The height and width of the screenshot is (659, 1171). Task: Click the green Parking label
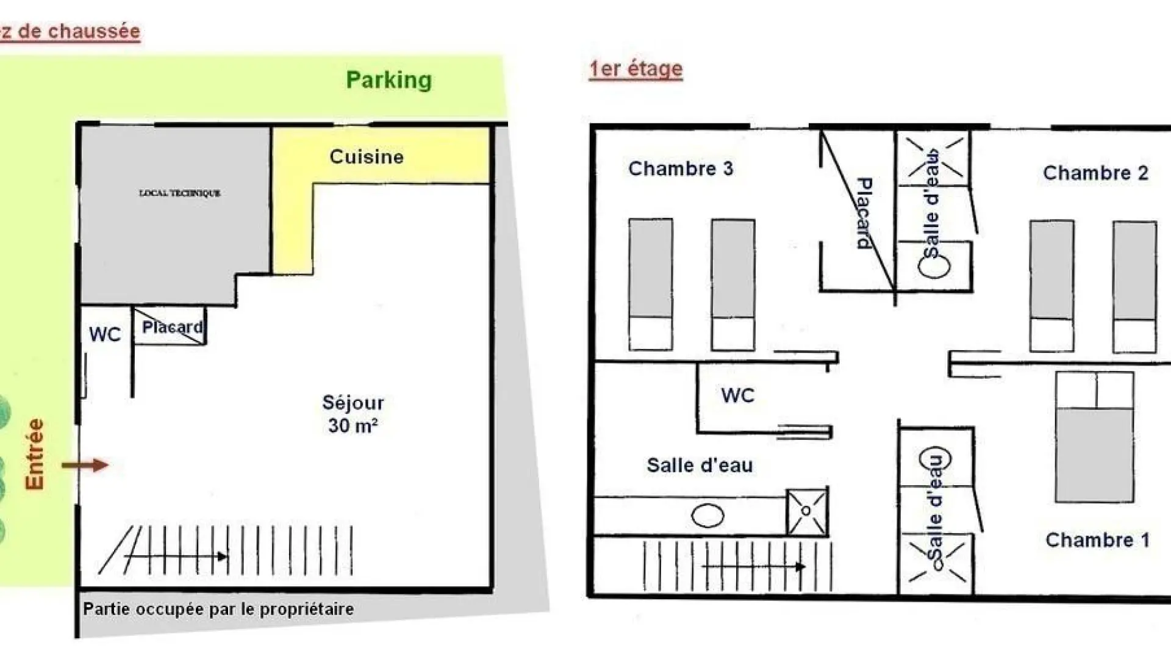389,80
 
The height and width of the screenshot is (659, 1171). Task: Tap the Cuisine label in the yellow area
367,157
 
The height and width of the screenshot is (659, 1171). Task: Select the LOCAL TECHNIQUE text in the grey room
180,193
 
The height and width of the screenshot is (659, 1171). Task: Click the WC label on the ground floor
105,334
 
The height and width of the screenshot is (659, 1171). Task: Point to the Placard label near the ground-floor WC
172,327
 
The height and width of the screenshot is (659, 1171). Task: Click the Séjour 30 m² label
353,414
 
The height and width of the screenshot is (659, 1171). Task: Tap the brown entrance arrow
85,466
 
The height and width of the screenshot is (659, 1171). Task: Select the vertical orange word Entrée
35,454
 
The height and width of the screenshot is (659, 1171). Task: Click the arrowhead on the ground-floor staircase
223,556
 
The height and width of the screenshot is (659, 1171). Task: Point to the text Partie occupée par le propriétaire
218,609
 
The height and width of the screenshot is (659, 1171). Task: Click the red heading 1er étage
636,69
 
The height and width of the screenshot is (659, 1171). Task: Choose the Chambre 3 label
681,168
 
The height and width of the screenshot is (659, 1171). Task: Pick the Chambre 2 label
1095,173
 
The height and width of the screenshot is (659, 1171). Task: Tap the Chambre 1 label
1097,540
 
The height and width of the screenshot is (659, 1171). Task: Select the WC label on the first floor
737,395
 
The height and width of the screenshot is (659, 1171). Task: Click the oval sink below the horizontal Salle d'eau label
707,516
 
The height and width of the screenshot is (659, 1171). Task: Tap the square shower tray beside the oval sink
807,511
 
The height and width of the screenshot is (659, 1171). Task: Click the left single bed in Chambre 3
651,284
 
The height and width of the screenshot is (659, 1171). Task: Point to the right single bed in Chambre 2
1134,286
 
